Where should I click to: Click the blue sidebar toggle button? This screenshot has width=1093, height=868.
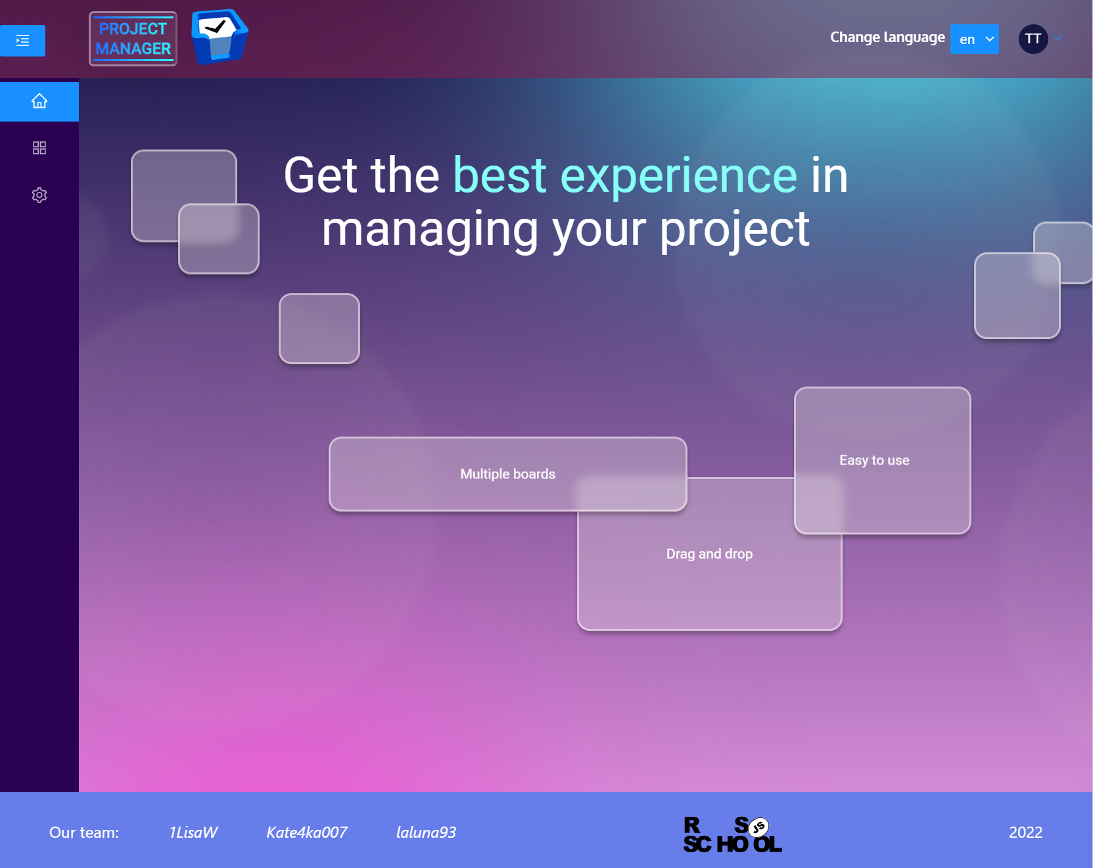22,41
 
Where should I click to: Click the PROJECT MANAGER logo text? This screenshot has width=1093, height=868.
133,39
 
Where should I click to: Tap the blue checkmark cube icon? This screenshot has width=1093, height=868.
219,37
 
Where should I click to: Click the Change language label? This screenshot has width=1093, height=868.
887,37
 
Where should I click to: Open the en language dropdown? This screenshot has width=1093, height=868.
974,39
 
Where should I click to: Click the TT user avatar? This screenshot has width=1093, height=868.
1033,39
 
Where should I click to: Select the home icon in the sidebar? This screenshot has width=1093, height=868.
39,101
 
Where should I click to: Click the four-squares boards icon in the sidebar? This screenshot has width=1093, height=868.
39,148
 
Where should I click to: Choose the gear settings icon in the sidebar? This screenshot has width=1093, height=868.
39,195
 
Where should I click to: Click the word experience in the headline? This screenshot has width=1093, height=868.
678,175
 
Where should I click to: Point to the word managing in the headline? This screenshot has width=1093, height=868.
430,230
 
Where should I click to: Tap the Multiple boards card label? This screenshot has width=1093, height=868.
507,474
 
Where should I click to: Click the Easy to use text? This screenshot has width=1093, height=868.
873,460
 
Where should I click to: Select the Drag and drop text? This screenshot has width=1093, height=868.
709,554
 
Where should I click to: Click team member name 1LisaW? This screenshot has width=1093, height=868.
193,833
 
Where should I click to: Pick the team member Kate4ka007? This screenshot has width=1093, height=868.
306,833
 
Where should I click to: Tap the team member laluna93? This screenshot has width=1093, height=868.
426,833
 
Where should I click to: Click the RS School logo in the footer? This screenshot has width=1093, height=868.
732,834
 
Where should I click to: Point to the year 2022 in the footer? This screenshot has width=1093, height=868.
1025,833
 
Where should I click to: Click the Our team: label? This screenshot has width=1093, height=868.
84,833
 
